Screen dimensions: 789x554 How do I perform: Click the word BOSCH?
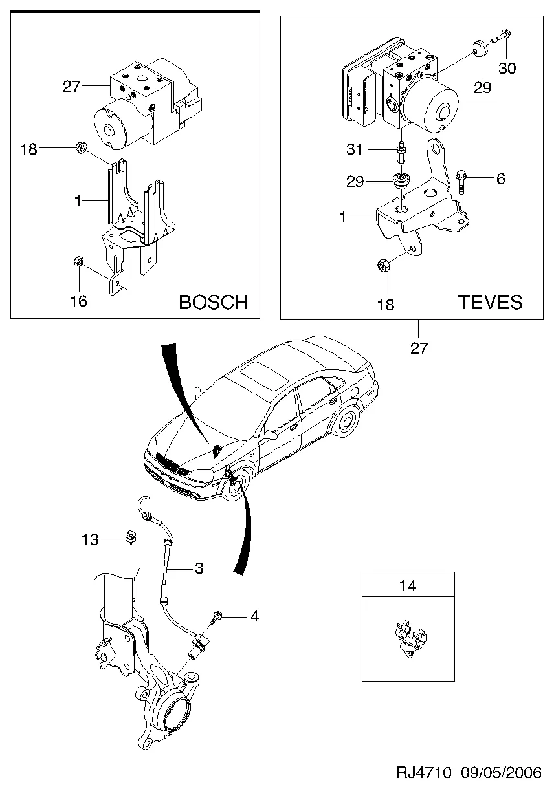213,302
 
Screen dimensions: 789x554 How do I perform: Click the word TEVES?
490,302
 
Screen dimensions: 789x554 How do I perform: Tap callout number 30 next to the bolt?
507,69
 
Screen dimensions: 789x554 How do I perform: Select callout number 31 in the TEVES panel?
355,150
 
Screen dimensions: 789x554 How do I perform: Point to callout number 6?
500,179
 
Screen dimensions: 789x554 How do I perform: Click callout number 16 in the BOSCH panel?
78,301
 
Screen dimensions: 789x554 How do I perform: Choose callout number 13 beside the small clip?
90,539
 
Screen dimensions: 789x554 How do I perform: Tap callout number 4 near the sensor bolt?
254,616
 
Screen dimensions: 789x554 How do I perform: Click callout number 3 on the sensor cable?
199,568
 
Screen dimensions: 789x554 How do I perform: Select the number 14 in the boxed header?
408,586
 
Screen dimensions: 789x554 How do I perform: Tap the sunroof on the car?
266,374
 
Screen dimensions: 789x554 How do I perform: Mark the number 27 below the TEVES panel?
419,348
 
